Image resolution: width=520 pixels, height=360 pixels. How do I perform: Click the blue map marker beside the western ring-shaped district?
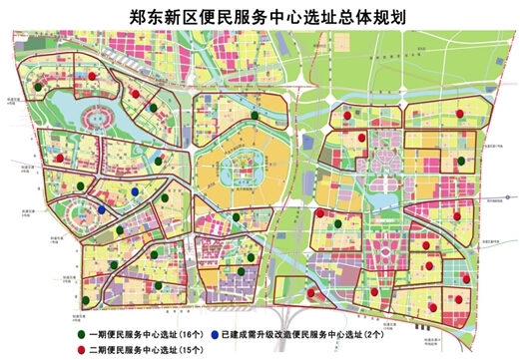tap(103, 209)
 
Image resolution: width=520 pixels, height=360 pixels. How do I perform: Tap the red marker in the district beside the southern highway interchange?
tap(316, 293)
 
